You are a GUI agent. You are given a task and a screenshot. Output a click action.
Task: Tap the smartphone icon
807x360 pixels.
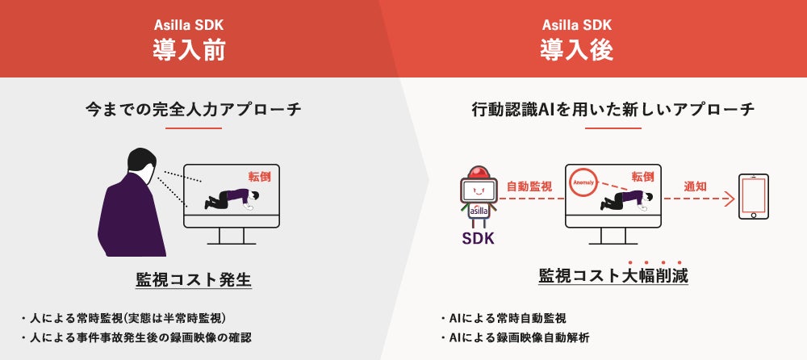click(753, 196)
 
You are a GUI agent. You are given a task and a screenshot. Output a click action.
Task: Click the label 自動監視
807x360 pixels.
click(529, 186)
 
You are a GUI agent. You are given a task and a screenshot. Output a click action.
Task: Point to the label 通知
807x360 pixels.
click(695, 186)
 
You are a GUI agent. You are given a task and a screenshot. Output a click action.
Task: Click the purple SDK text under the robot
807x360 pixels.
click(478, 238)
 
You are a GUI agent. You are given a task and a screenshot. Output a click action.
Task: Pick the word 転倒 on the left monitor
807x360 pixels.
click(260, 176)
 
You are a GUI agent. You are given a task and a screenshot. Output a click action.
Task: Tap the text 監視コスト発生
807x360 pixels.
click(194, 280)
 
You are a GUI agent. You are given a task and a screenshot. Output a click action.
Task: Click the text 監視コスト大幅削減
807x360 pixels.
click(613, 276)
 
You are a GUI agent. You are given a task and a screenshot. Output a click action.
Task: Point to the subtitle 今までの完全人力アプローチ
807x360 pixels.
click(193, 108)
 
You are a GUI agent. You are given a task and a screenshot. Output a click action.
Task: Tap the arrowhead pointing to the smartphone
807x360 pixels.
click(730, 197)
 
